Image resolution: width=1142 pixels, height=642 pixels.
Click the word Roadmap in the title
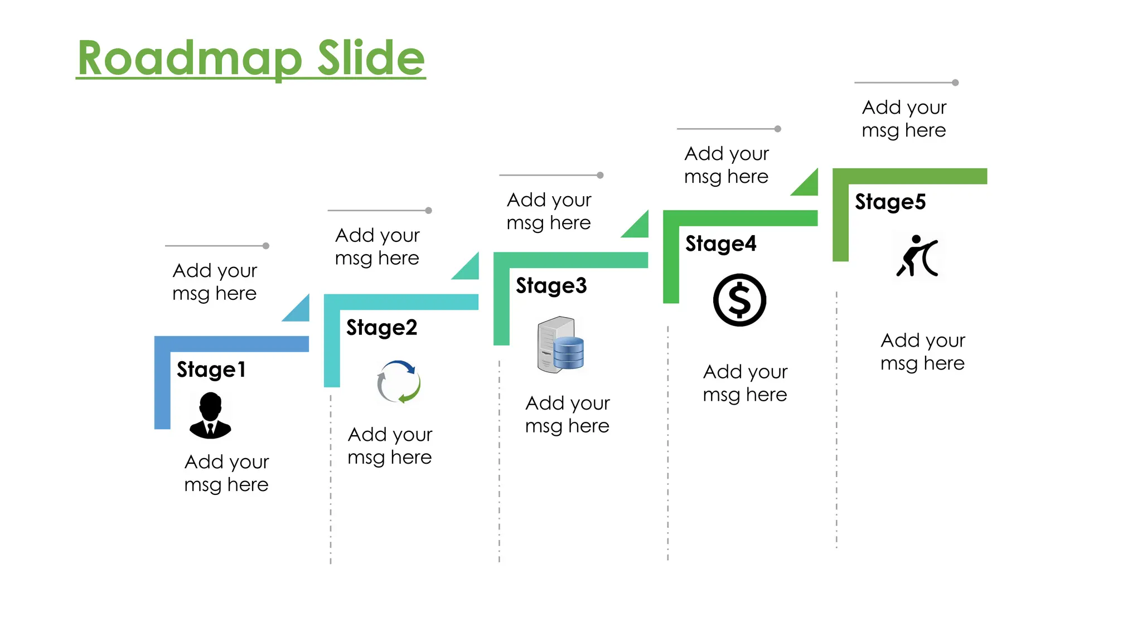pyautogui.click(x=190, y=59)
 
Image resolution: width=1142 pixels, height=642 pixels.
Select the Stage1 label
pyautogui.click(x=211, y=369)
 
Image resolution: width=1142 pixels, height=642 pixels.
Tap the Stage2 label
pyautogui.click(x=381, y=328)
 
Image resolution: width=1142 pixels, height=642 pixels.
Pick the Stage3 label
pyautogui.click(x=551, y=286)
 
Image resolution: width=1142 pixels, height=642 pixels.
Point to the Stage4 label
pyautogui.click(x=720, y=244)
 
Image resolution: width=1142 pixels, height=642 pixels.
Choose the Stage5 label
pyautogui.click(x=890, y=202)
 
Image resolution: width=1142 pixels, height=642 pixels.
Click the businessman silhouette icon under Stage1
pyautogui.click(x=210, y=415)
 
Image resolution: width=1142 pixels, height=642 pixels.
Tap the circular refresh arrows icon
pyautogui.click(x=399, y=382)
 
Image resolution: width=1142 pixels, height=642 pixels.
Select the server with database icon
pyautogui.click(x=560, y=344)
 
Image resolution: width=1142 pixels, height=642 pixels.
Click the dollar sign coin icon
pyautogui.click(x=739, y=300)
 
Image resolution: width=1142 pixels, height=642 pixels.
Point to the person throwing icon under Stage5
pyautogui.click(x=917, y=256)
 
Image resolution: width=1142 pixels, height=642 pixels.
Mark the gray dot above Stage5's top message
pyautogui.click(x=955, y=82)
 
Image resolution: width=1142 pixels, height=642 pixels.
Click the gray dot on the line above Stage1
pyautogui.click(x=266, y=246)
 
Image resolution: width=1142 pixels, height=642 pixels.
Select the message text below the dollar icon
pyautogui.click(x=745, y=383)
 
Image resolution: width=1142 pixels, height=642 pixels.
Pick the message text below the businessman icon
pyautogui.click(x=226, y=473)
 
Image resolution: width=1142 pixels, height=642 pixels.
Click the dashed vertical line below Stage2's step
pyautogui.click(x=331, y=479)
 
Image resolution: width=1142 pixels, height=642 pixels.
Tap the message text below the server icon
pyautogui.click(x=567, y=414)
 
